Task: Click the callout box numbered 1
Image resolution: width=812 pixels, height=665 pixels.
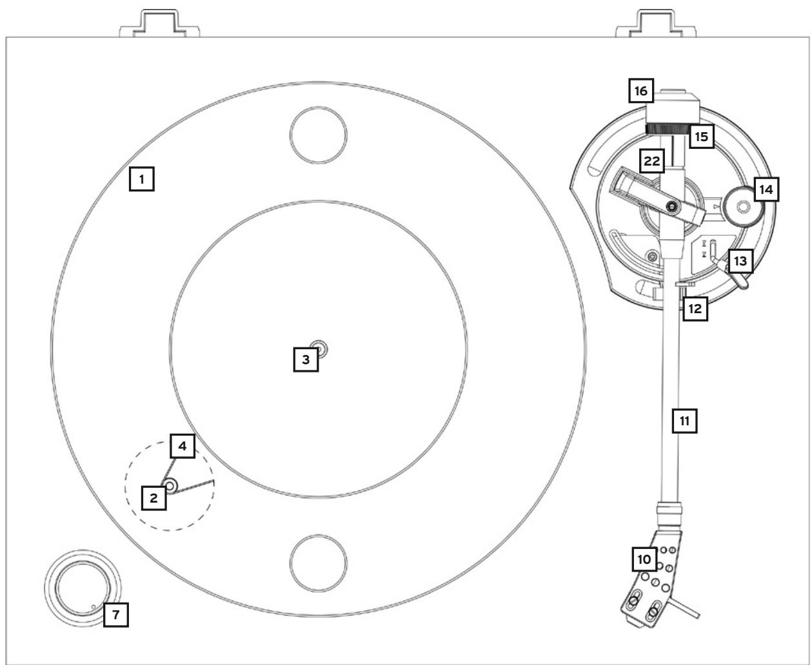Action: [x=142, y=178]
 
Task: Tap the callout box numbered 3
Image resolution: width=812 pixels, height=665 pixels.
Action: [x=306, y=359]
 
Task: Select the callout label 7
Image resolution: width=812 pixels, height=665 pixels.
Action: [x=115, y=615]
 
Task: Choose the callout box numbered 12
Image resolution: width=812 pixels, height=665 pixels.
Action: [x=693, y=309]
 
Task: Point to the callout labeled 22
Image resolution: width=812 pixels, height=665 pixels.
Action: [x=653, y=162]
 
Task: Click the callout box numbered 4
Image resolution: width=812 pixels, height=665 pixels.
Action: [x=183, y=445]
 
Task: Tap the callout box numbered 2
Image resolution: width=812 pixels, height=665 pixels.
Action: [x=153, y=497]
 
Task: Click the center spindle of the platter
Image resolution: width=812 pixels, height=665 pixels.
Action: [x=319, y=349]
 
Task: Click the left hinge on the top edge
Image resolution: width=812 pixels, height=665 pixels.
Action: [x=160, y=24]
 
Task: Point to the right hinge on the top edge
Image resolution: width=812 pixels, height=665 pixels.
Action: [x=657, y=24]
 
